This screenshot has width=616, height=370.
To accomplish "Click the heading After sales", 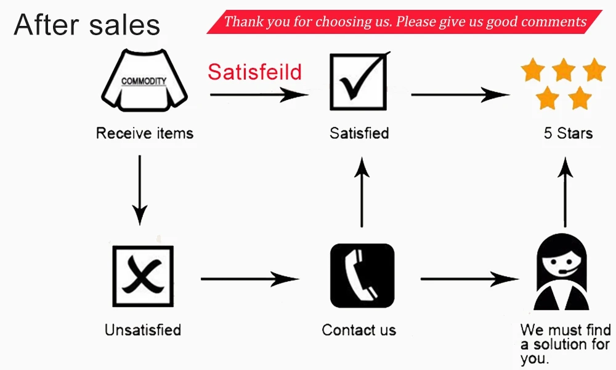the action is pos(87,25).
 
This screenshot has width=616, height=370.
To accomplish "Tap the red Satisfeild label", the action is pos(254,72).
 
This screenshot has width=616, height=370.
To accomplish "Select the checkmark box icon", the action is pos(359,81).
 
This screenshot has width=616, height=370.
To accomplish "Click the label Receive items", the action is pos(145,133).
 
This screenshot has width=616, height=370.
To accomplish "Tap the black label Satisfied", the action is pos(359,133).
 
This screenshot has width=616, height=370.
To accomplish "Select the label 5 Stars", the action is pos(568,133).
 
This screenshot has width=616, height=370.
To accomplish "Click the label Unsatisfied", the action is pos(143,330).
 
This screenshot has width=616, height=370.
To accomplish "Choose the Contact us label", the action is pos(359,330).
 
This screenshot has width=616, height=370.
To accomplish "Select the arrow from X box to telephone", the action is pos(249,279).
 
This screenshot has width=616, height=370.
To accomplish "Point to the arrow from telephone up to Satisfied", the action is pos(362,191).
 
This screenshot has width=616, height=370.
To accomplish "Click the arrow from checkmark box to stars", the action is pos(460,95).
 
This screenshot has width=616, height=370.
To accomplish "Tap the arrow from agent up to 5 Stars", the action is pos(565,191).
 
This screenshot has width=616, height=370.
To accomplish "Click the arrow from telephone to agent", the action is pos(470,279).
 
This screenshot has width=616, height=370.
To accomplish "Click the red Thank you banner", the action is pos(404,22).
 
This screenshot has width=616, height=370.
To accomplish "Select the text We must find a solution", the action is pos(565,344).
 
